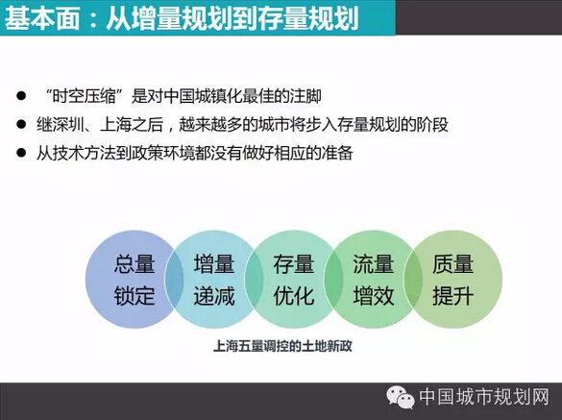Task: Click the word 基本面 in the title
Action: tap(42, 18)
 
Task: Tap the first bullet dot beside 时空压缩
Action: tap(21, 96)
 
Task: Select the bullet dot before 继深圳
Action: tap(21, 124)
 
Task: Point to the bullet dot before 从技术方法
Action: tap(21, 153)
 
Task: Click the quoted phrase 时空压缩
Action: tap(85, 96)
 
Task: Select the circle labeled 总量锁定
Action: tap(134, 279)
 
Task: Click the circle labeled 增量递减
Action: tap(214, 279)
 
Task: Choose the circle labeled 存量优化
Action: tap(294, 279)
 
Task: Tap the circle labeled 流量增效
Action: tap(373, 279)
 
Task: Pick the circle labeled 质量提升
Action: tap(453, 279)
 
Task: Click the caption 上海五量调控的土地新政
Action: tap(282, 346)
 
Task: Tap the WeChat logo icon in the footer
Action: tap(401, 397)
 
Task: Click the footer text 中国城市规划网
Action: tap(484, 397)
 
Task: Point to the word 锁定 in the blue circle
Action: tap(134, 296)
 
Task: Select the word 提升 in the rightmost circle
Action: tap(453, 296)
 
